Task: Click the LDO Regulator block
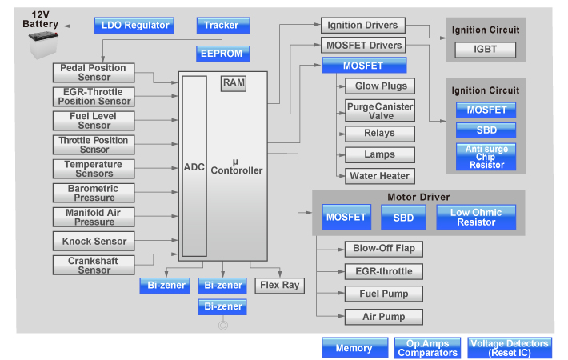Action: [x=136, y=25]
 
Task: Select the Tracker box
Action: [x=222, y=25]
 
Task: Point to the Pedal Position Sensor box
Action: [x=94, y=73]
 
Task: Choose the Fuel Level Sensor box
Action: [x=94, y=121]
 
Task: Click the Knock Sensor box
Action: [x=94, y=241]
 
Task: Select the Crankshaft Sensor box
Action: [x=94, y=265]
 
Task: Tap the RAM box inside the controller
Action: [x=234, y=83]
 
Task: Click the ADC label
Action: [x=194, y=167]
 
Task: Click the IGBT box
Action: [x=486, y=50]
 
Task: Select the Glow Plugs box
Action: [x=380, y=86]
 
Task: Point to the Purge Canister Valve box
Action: [x=380, y=110]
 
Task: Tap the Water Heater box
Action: [x=380, y=176]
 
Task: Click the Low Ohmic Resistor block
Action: [x=476, y=218]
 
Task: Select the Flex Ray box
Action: [x=279, y=285]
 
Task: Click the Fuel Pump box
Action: [x=383, y=294]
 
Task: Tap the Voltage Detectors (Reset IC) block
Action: [x=510, y=348]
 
